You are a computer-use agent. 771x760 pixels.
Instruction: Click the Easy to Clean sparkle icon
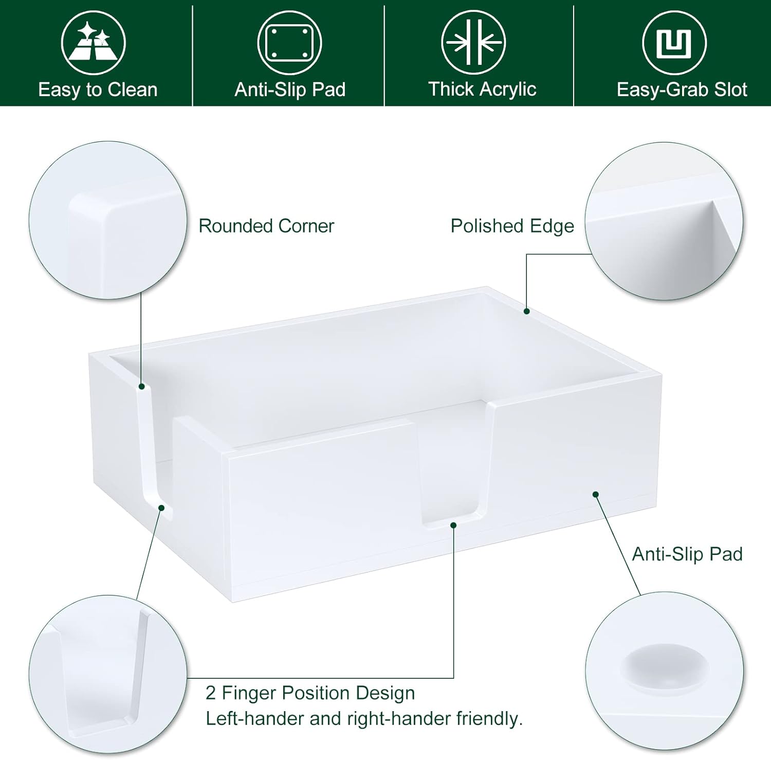tap(93, 43)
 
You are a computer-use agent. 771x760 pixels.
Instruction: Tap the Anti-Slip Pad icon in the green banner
tap(289, 43)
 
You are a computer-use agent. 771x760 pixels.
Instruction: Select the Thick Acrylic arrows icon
tap(473, 43)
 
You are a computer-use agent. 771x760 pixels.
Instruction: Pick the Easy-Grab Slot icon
tap(674, 43)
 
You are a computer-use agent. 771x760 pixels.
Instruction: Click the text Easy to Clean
tap(98, 90)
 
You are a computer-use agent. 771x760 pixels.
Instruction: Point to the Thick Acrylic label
tap(482, 89)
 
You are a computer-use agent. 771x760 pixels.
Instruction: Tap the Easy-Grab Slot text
tap(682, 90)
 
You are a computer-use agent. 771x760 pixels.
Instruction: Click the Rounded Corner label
tap(266, 226)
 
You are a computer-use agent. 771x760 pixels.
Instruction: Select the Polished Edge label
tap(512, 226)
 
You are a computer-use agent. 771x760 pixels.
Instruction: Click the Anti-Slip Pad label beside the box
tap(687, 554)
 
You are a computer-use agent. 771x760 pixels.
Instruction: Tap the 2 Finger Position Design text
tap(310, 693)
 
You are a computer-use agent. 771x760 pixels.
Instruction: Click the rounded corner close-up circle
tap(108, 220)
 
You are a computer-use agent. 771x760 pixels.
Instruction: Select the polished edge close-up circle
tap(664, 221)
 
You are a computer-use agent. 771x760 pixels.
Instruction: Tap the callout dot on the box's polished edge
tap(526, 311)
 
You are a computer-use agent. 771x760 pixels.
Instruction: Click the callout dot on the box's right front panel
tap(595, 494)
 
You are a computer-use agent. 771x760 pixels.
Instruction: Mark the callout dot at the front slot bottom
tap(453, 525)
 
